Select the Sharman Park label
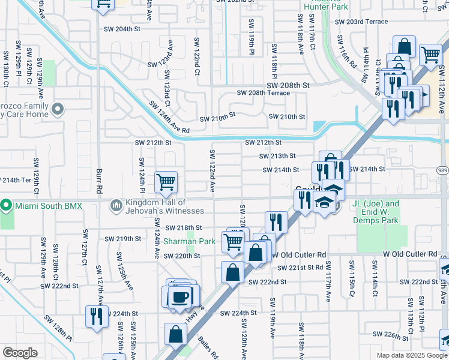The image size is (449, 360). pyautogui.click(x=190, y=241)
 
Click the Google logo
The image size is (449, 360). pyautogui.click(x=20, y=352)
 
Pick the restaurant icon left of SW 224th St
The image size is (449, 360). pyautogui.click(x=96, y=315)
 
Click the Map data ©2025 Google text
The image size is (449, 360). pyautogui.click(x=411, y=355)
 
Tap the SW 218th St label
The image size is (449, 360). pyautogui.click(x=184, y=228)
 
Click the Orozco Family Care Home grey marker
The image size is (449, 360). pyautogui.click(x=58, y=109)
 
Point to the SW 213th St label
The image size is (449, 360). pyautogui.click(x=277, y=156)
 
